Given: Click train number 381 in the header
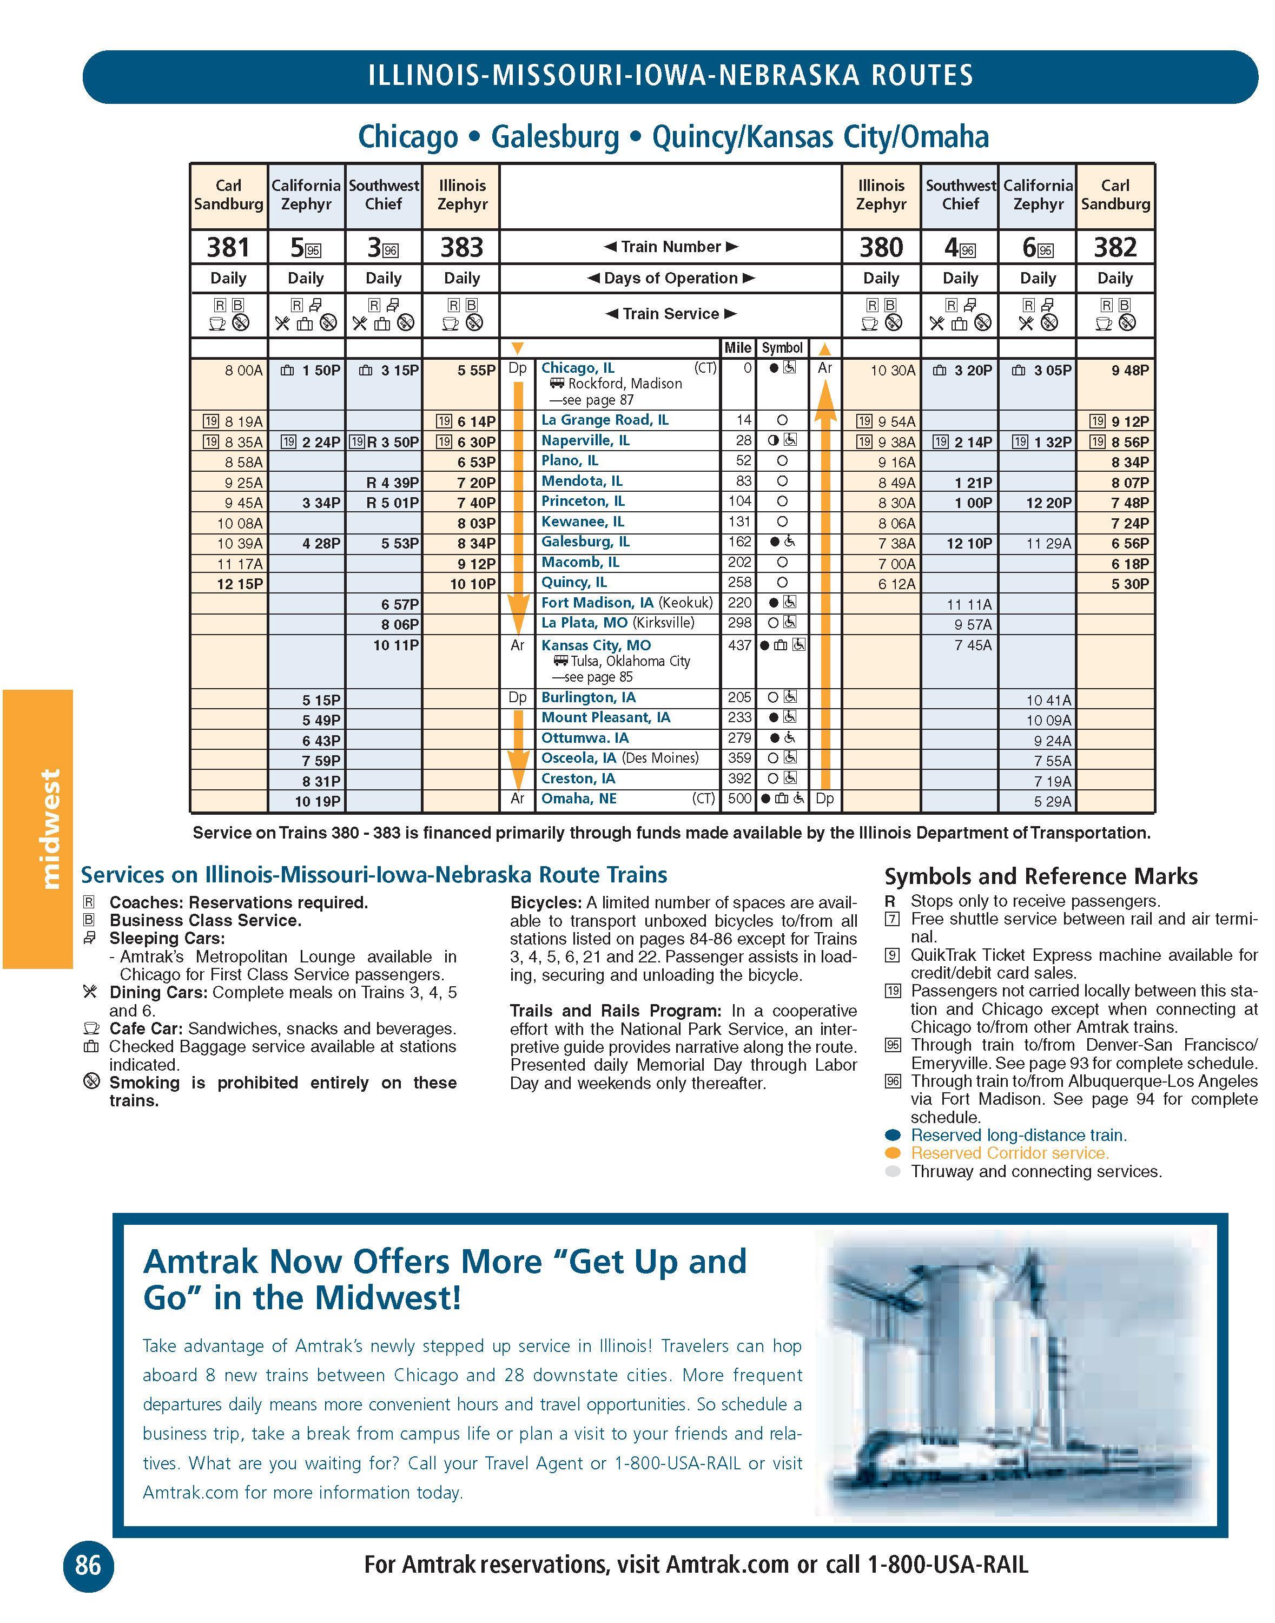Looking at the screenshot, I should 228,247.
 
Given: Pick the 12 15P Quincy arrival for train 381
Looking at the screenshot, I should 240,584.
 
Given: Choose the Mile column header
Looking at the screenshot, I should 737,348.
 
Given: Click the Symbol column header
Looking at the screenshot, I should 782,348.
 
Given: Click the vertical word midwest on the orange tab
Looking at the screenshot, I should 49,829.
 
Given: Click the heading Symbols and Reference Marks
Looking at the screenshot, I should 1041,876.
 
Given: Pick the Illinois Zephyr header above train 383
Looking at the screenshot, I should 461,195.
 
